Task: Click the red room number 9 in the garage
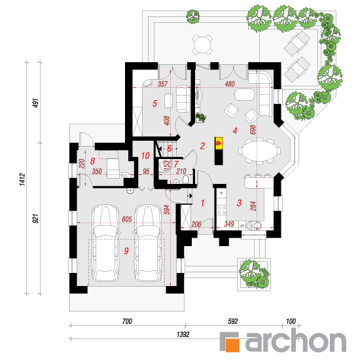pos(126,251)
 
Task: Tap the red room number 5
pos(154,103)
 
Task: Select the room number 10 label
pos(145,156)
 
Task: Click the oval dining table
pos(259,151)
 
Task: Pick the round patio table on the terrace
pos(202,45)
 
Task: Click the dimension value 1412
pos(22,179)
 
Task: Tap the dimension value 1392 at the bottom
pos(183,334)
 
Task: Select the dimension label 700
pos(127,321)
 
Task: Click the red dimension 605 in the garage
pos(127,219)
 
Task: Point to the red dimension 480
pos(230,84)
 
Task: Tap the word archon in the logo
pos(296,340)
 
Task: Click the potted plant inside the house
pos(201,117)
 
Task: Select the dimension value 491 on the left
pos(36,103)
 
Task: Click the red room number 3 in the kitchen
pos(239,203)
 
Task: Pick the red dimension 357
pos(162,84)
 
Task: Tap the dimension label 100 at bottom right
pos(291,321)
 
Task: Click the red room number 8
pos(92,161)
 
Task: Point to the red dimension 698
pos(253,130)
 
